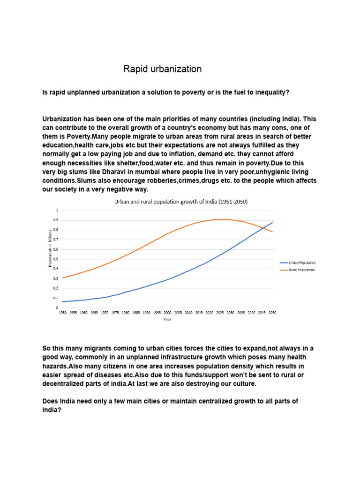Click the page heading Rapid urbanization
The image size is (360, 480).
tap(162, 69)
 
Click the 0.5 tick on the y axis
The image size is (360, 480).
tap(56, 259)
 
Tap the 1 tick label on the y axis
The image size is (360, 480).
tap(58, 210)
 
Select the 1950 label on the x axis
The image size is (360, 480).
tap(62, 312)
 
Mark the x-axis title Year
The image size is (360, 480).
tap(167, 319)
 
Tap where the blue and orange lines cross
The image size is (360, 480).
tap(264, 227)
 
